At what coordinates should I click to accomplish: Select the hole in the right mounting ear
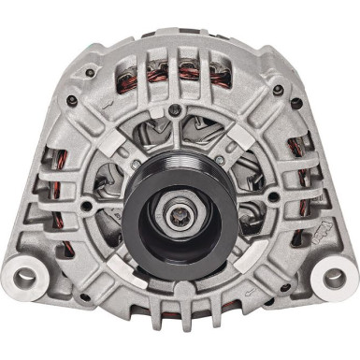(x=334, y=278)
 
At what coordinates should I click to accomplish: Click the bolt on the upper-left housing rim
(x=89, y=72)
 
